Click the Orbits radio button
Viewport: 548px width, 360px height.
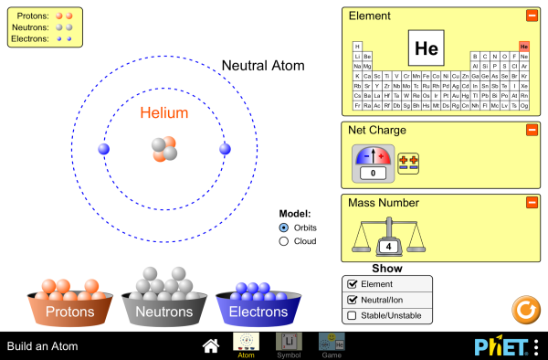click(284, 227)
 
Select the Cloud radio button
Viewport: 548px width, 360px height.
click(284, 241)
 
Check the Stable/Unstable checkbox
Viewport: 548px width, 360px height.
click(352, 316)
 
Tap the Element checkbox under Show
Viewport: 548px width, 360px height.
click(352, 284)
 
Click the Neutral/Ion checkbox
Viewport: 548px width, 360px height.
click(352, 300)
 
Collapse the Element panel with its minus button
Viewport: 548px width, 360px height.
click(532, 16)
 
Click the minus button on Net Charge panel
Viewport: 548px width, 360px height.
click(532, 130)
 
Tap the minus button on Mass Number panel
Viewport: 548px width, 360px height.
click(532, 202)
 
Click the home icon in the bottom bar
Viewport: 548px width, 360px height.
click(211, 345)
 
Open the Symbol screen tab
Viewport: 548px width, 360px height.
click(288, 344)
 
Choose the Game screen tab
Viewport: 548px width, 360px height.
click(331, 344)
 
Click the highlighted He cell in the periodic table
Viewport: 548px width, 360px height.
click(524, 46)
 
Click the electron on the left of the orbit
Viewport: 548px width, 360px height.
click(103, 149)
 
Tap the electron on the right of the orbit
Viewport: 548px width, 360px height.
click(224, 149)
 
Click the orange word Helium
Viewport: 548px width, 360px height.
click(164, 114)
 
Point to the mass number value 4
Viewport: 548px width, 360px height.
click(388, 247)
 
